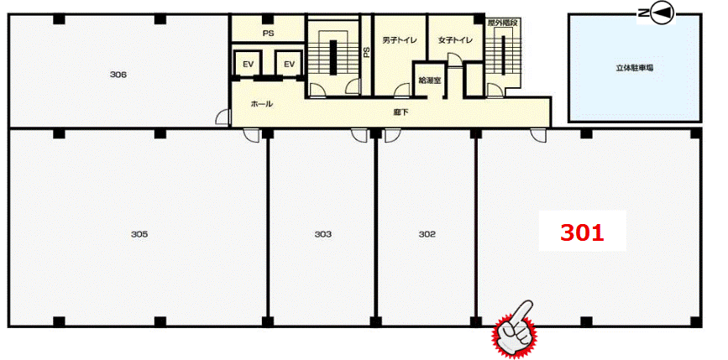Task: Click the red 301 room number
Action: point(582,233)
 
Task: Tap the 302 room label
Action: point(427,235)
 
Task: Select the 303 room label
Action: point(322,235)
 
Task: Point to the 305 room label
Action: point(139,235)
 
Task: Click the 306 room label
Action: point(119,74)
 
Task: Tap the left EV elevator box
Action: point(248,64)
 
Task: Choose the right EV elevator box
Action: point(289,64)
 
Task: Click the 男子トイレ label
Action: point(400,40)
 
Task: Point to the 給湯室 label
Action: point(429,80)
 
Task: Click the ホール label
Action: point(261,104)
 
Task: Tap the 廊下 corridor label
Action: point(401,112)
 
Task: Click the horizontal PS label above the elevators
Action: point(269,34)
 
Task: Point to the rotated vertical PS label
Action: point(366,52)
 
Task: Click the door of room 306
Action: point(223,117)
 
